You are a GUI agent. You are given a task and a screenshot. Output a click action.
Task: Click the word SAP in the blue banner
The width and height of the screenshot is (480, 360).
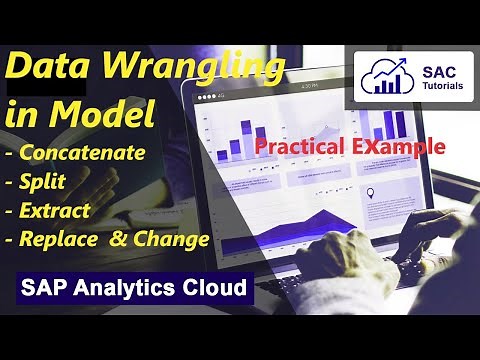click(x=45, y=290)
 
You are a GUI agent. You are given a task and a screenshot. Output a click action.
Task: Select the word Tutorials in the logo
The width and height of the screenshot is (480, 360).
click(x=436, y=85)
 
